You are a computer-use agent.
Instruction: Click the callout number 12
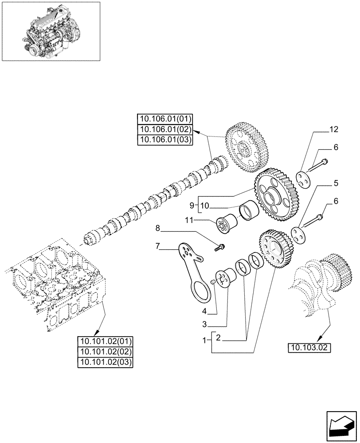tap(333, 130)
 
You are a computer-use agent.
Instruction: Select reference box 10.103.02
tap(309, 347)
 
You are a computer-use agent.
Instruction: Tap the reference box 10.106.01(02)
tap(165, 129)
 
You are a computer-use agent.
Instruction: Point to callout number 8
tap(157, 229)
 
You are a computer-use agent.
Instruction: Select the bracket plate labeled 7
tap(192, 268)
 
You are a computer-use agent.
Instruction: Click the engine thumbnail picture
tap(51, 31)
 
